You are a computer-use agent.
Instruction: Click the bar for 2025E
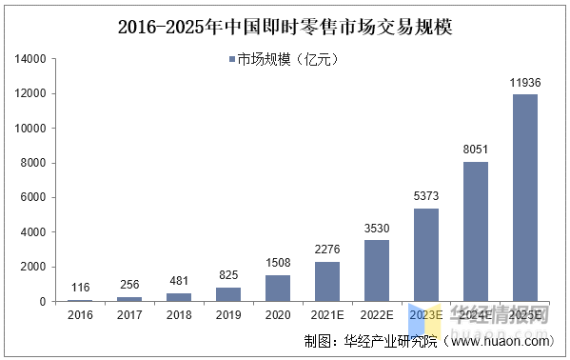pos(525,198)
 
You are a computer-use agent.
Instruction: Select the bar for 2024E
pos(476,231)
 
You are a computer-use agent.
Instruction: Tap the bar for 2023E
pos(426,254)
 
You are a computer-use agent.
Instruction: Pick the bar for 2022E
pos(377,270)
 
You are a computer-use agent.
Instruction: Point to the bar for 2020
pos(278,288)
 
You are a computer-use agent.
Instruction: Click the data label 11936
pos(525,83)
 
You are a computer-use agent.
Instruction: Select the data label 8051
pos(476,150)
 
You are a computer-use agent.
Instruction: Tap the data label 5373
pos(426,196)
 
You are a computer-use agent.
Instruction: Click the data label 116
pos(80,287)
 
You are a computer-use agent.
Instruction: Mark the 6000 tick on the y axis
pos(34,197)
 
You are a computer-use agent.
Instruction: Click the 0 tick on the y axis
pos(43,301)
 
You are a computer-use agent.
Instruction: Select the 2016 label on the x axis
pos(80,313)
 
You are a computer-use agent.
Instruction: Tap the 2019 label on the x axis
pos(228,313)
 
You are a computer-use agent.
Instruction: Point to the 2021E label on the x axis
pos(327,313)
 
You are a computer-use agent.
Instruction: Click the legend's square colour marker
pos(232,60)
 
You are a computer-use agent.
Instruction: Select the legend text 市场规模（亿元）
pos(287,60)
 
